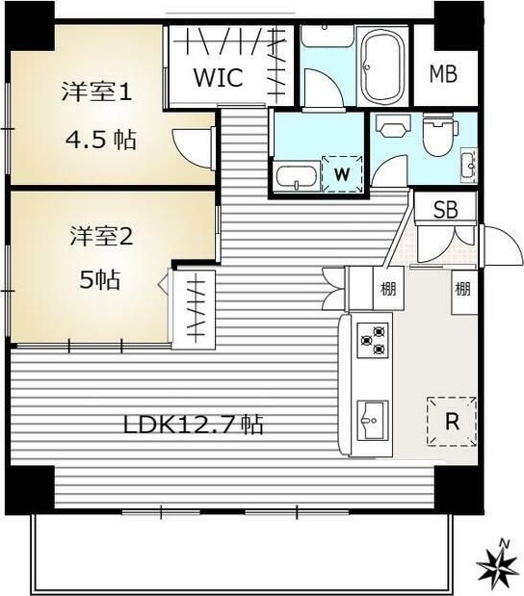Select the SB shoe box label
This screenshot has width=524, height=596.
pos(444,211)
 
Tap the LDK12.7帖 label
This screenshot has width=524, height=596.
pos(192,424)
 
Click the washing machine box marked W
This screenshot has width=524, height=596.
pos(341,173)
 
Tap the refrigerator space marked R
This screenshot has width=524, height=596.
pos(450,421)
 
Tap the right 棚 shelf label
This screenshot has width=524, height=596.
pos(463,286)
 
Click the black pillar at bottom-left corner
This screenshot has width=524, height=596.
pos(29,488)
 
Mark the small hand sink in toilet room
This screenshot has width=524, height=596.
pos(468,164)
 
